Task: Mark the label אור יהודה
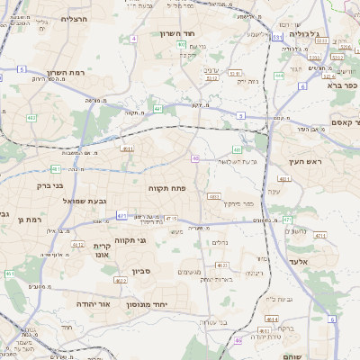point(83,304)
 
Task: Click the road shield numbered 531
point(278,37)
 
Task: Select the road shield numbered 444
point(279,76)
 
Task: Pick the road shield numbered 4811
point(128,149)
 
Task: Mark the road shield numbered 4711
point(121,216)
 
